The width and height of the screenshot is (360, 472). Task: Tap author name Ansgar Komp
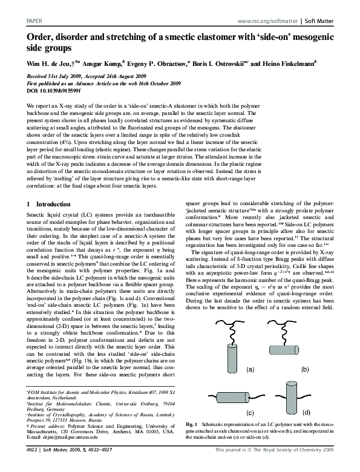pos(106,62)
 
